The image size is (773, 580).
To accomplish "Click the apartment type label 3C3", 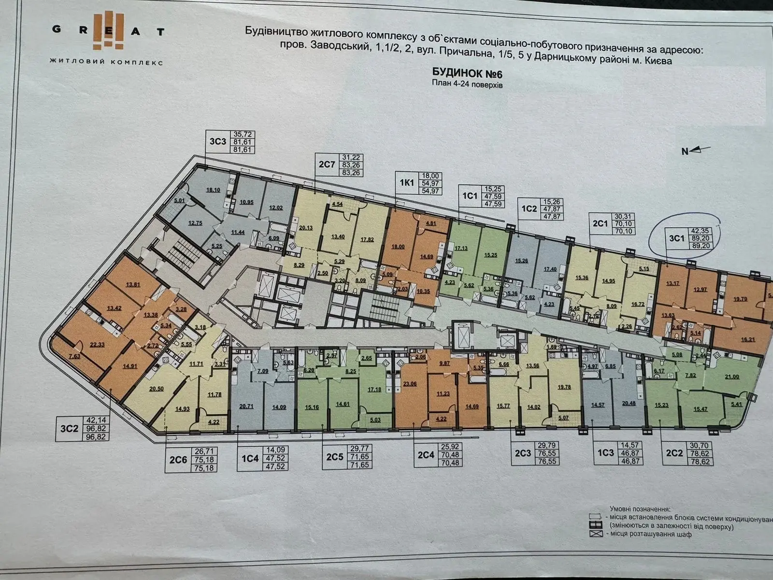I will pyautogui.click(x=217, y=141).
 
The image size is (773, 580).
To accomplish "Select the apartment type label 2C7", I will pyautogui.click(x=327, y=164).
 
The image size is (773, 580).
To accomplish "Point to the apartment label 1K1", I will pyautogui.click(x=407, y=184).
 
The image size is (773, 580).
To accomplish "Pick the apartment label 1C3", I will pyautogui.click(x=605, y=453).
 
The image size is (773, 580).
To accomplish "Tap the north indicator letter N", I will pyautogui.click(x=685, y=151).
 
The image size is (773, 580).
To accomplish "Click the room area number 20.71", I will pyautogui.click(x=246, y=406).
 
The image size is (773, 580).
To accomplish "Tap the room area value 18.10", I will pyautogui.click(x=213, y=190).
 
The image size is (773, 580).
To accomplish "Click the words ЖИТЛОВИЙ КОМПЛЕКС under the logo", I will pyautogui.click(x=106, y=62).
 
